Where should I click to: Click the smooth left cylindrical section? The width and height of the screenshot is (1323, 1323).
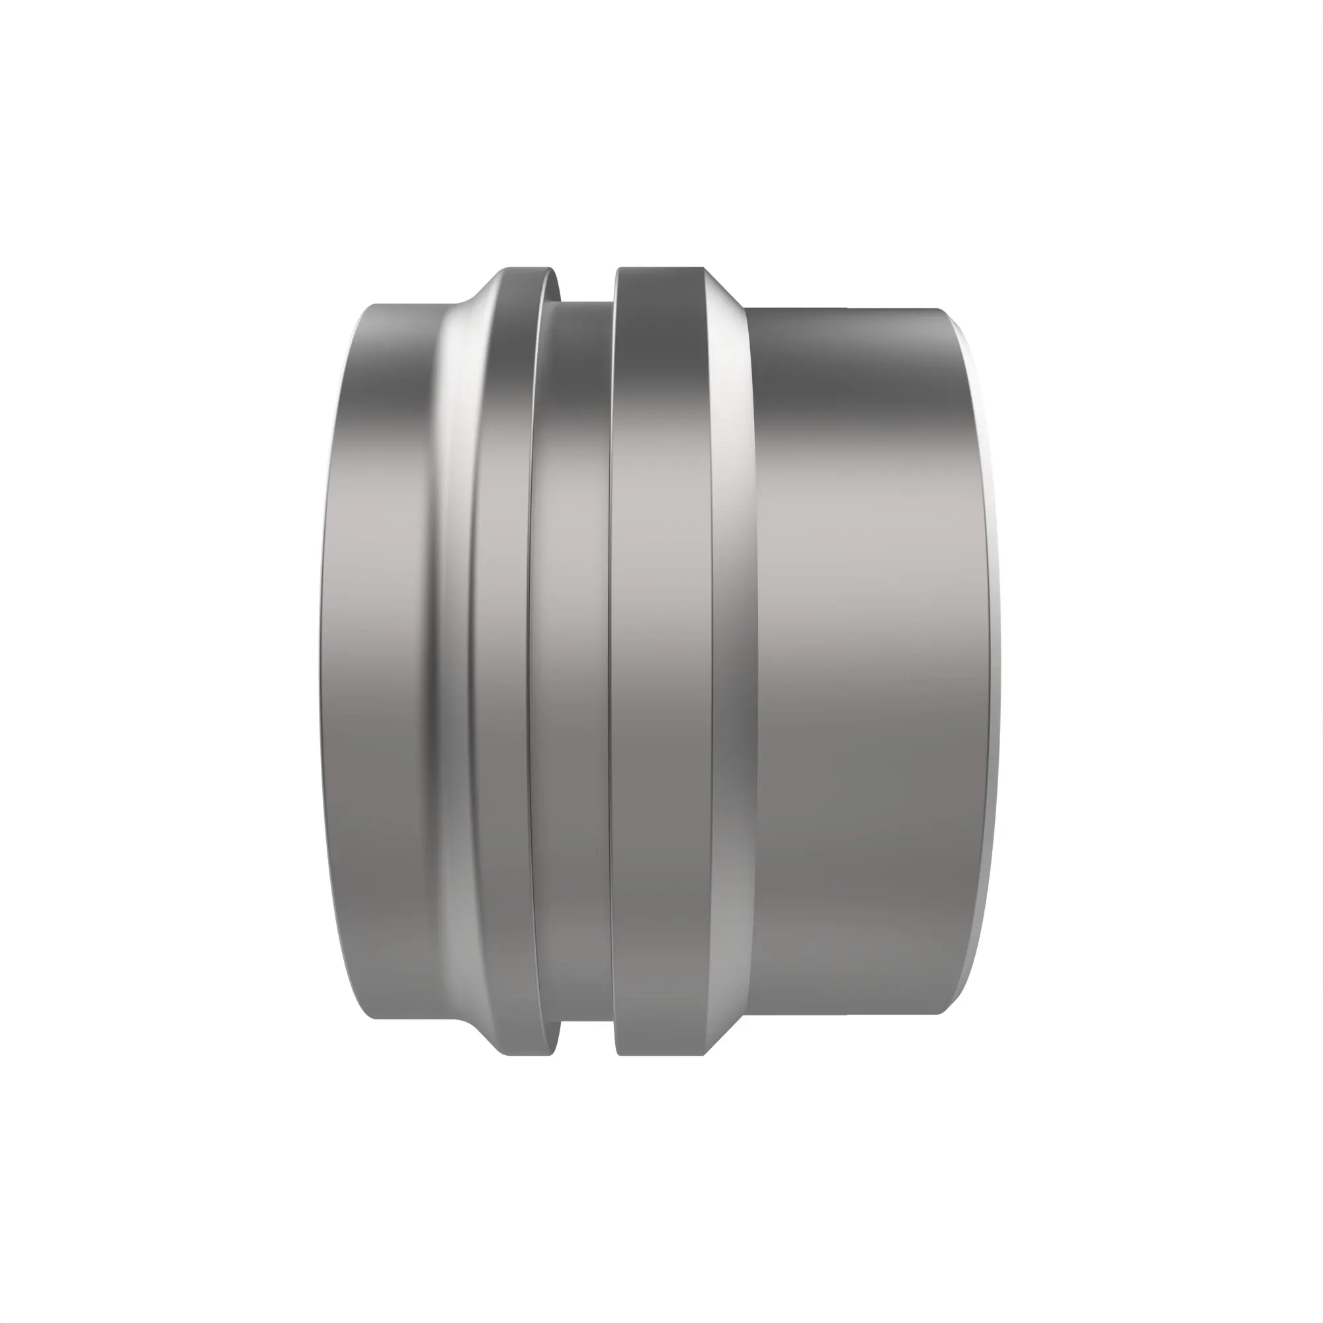click(x=376, y=658)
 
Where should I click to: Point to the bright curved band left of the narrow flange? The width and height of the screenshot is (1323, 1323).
click(x=448, y=658)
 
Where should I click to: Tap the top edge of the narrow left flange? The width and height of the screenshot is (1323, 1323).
click(x=524, y=269)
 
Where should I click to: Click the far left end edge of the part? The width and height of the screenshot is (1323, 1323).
click(x=320, y=658)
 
